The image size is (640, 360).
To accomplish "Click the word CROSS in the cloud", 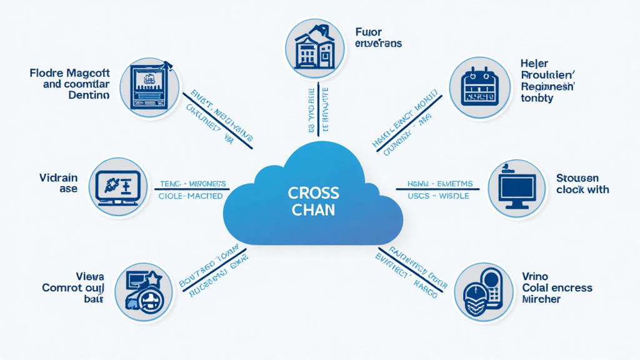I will (x=314, y=192).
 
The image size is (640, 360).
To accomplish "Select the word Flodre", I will (x=47, y=73).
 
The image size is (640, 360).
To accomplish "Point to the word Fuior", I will (x=367, y=32).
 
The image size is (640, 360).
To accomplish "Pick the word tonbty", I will (x=536, y=98).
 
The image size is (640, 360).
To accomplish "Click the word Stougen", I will (x=577, y=178).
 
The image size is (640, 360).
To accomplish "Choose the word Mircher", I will (x=541, y=299).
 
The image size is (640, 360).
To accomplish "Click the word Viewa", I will (x=90, y=276).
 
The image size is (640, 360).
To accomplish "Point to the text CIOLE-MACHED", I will (x=192, y=196).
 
